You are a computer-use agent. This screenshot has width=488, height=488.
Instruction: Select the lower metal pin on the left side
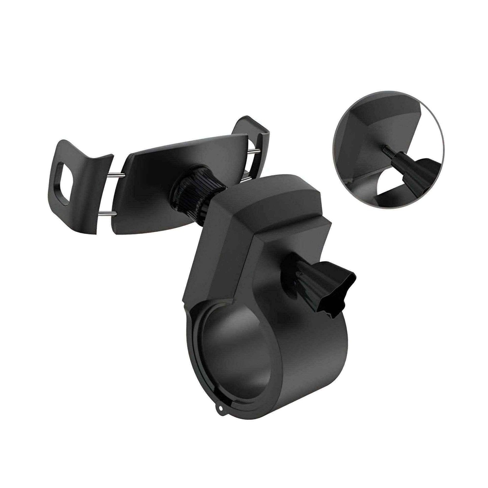pos(108,213)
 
